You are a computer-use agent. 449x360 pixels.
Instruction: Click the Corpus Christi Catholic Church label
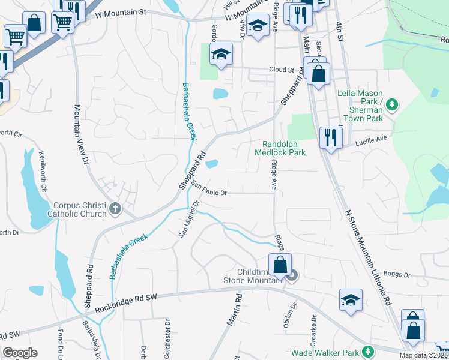(x=76, y=209)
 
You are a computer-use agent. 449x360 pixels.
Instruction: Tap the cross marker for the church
(x=115, y=209)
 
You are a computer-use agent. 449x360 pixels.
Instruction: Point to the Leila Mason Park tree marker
(x=392, y=106)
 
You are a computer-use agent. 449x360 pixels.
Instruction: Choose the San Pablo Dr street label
(x=209, y=190)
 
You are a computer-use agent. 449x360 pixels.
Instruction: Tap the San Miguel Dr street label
(x=189, y=220)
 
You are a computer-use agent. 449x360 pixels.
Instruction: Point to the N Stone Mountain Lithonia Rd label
(x=368, y=259)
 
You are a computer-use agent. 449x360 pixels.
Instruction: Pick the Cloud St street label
(x=281, y=70)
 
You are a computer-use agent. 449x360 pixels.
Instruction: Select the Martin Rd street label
(x=234, y=310)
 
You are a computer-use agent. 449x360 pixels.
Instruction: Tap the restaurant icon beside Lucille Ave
(x=330, y=137)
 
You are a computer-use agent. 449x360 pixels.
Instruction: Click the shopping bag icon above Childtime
(x=280, y=264)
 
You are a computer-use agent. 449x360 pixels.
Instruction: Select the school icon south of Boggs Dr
(x=351, y=299)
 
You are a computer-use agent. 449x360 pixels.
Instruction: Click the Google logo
(x=20, y=353)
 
